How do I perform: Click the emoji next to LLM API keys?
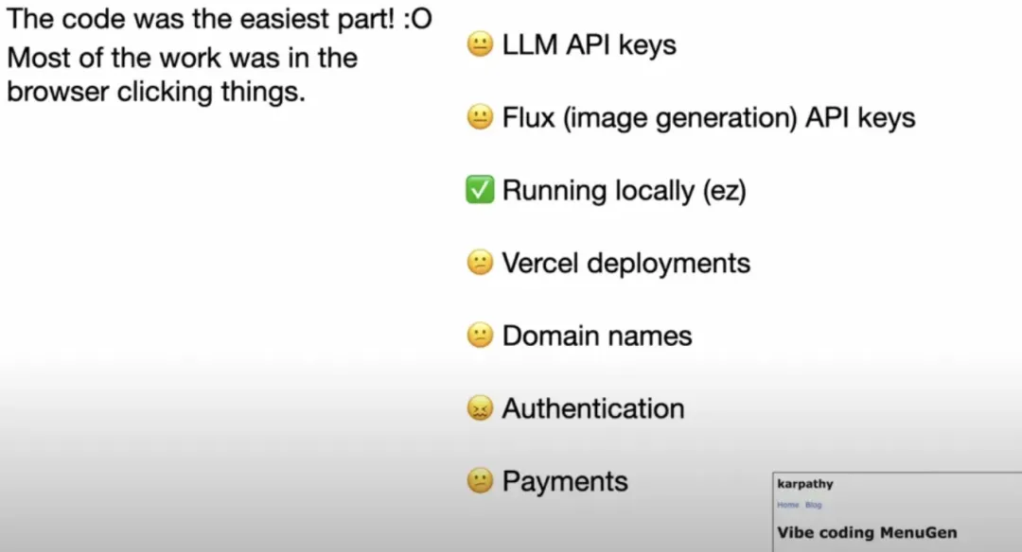coord(481,44)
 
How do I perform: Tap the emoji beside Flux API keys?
coord(481,117)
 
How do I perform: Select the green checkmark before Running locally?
coord(481,190)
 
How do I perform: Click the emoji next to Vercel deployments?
coord(481,263)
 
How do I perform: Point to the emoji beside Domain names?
coord(481,336)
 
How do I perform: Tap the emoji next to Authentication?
coord(481,408)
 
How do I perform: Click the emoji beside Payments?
coord(481,481)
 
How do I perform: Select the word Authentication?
coord(593,408)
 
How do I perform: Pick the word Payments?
coord(565,481)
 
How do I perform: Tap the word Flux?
coord(526,117)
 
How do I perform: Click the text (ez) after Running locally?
coord(724,191)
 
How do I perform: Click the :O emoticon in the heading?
coord(417,19)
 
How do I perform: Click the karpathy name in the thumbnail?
coord(805,484)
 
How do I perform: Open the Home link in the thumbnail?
coord(787,505)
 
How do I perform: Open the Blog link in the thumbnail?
coord(813,505)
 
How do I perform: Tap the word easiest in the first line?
coord(273,19)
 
